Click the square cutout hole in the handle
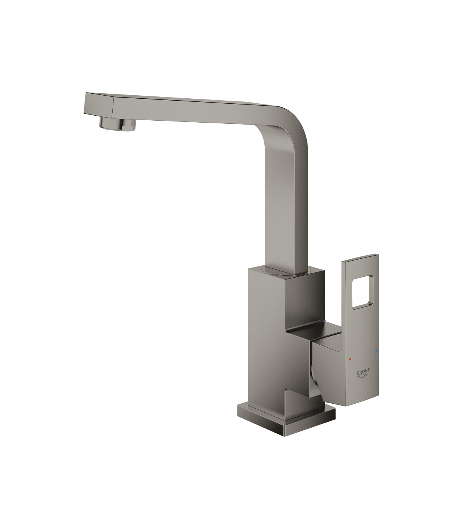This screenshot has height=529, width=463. tap(363, 293)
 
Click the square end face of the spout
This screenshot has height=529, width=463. tap(98, 105)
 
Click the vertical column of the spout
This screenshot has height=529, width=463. tap(287, 207)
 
